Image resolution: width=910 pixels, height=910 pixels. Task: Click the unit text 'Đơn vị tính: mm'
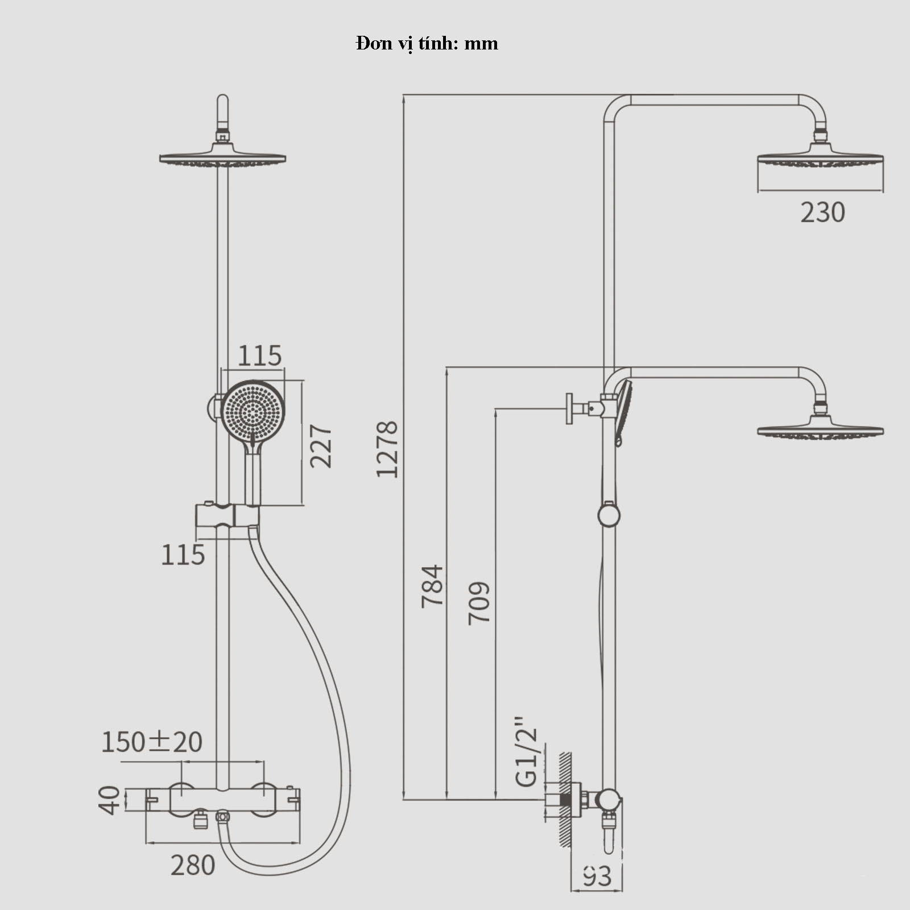tap(427, 44)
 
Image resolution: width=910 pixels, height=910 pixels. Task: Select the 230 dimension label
tap(822, 213)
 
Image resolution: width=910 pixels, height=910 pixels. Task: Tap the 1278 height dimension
tap(387, 449)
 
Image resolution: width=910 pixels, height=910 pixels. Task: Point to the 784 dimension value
tap(432, 586)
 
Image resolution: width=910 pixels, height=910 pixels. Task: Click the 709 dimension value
tap(479, 603)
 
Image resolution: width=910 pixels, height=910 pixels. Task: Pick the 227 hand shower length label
tap(321, 446)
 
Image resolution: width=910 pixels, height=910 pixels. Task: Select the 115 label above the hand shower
tap(259, 356)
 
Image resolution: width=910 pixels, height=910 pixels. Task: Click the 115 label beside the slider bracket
tap(183, 555)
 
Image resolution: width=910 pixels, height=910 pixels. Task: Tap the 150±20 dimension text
tap(152, 742)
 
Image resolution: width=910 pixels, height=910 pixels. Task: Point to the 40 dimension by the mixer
tap(109, 800)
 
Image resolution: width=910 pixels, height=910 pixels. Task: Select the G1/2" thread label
tap(527, 752)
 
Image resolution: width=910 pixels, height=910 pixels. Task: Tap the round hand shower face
tap(253, 410)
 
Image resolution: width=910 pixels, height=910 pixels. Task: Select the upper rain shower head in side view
tap(820, 156)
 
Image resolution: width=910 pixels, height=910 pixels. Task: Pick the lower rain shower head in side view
tap(820, 429)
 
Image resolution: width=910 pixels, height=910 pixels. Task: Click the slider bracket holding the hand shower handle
tap(227, 515)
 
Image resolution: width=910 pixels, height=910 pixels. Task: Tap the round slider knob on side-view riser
tap(609, 515)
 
